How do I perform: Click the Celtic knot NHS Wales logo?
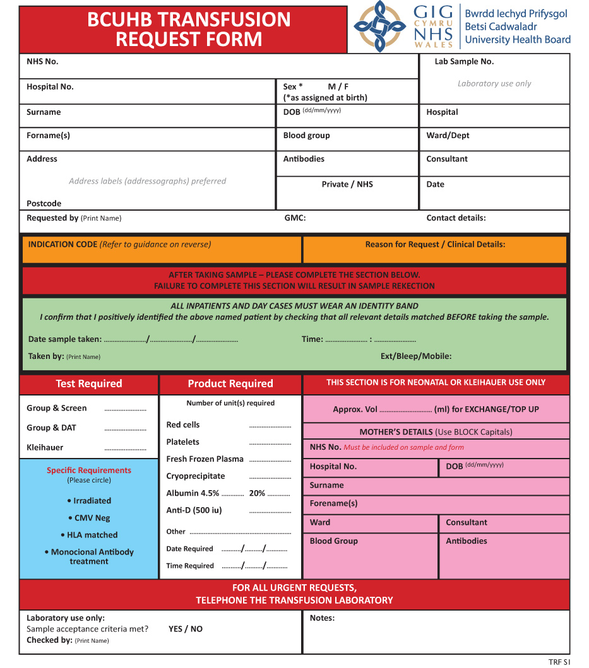tap(379, 26)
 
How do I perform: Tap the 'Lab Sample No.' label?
tap(464, 62)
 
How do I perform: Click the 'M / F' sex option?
tap(338, 87)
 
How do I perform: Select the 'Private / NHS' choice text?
tap(347, 184)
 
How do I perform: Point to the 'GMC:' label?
tap(295, 218)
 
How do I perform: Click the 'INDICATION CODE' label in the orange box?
tap(62, 245)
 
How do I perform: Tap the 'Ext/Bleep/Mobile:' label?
tap(416, 356)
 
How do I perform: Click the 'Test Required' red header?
tap(89, 384)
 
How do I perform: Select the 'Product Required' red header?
tap(230, 384)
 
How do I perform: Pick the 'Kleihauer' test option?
tap(45, 447)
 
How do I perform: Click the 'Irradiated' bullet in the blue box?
tap(89, 501)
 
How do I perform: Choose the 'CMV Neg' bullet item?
tap(89, 518)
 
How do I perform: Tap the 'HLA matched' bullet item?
tap(89, 535)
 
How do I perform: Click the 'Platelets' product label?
tap(182, 442)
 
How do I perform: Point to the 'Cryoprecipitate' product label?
tap(195, 476)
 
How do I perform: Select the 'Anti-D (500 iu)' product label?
tap(194, 510)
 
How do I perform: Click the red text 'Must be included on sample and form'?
tap(403, 448)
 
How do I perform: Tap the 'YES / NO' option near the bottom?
tap(186, 629)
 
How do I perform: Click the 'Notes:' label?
tap(322, 618)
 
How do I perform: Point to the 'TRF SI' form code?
tap(559, 662)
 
